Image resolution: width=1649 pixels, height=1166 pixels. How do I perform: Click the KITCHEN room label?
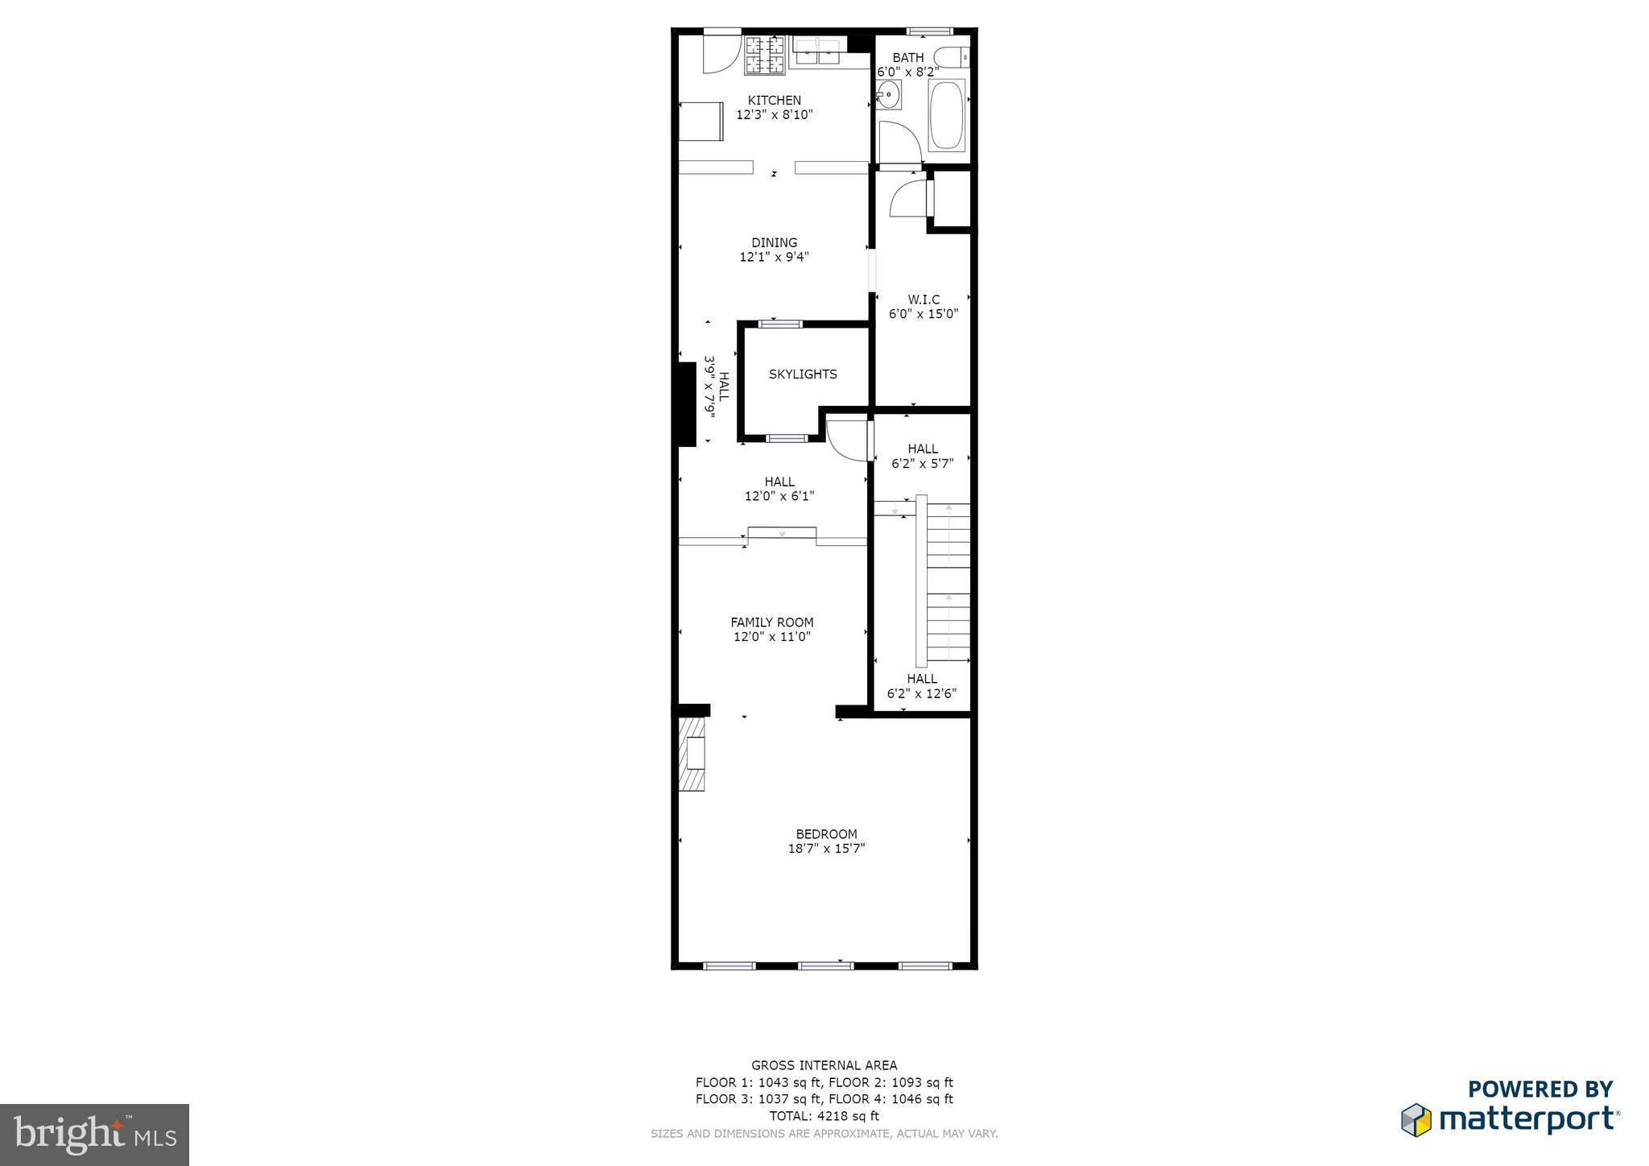coord(774,101)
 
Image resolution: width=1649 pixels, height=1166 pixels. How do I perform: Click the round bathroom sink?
coord(888,94)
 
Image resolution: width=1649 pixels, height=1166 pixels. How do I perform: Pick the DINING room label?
coord(774,242)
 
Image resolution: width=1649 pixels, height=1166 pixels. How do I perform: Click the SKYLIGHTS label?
coord(803,374)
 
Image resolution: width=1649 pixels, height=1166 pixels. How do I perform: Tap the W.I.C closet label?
coord(924,300)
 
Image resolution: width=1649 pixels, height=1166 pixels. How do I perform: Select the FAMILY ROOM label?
coord(771,622)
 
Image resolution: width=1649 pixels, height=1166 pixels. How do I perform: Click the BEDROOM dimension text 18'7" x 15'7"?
coord(826,849)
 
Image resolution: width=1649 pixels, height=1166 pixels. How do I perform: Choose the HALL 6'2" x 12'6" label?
coord(921,686)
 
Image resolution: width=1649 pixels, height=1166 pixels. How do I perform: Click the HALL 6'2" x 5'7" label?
coord(922,456)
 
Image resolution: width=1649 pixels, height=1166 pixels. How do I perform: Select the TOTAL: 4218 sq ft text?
coord(824,1116)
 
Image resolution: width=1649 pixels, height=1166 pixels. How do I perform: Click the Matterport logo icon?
coord(1416,1120)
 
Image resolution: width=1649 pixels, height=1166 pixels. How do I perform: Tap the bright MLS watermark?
coord(94,1135)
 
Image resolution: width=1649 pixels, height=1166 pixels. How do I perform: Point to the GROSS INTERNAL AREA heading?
coord(824,1065)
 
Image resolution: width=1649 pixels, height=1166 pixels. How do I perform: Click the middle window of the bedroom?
coord(825,965)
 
